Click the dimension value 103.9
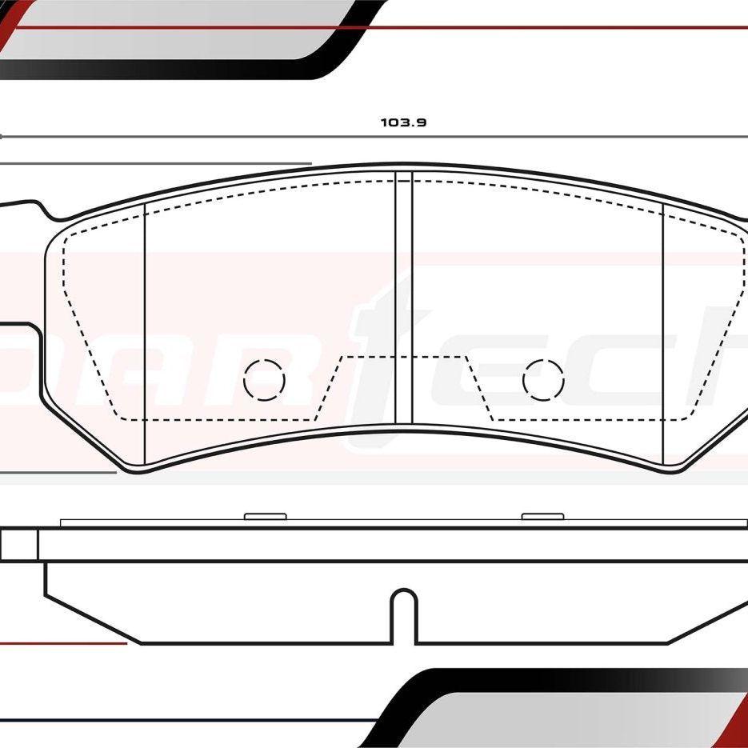(x=403, y=122)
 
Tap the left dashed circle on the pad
(x=264, y=380)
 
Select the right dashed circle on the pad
(x=543, y=380)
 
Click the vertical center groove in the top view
(x=403, y=296)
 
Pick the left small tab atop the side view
(x=265, y=516)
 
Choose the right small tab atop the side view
(x=542, y=516)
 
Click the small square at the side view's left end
(x=18, y=545)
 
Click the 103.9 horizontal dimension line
(x=240, y=137)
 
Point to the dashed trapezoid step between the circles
(x=404, y=358)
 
